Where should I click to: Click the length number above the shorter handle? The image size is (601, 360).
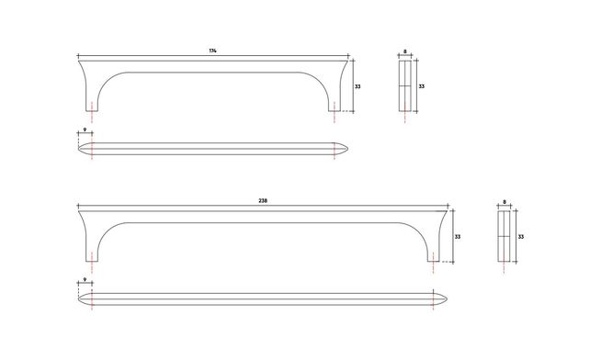[x=212, y=51]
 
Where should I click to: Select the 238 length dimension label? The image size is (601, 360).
[x=263, y=201]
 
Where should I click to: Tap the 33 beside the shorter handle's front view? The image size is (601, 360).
[x=357, y=86]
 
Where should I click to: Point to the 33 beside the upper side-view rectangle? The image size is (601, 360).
[x=421, y=86]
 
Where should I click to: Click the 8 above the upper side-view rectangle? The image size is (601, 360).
[x=405, y=51]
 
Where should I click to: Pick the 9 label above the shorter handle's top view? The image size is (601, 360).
[x=85, y=129]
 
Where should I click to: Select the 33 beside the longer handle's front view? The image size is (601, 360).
[x=458, y=237]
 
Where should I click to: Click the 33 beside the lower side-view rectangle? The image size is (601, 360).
[x=520, y=237]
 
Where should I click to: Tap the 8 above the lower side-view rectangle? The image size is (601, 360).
[x=505, y=202]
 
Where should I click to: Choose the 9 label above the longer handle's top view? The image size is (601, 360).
[x=85, y=280]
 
